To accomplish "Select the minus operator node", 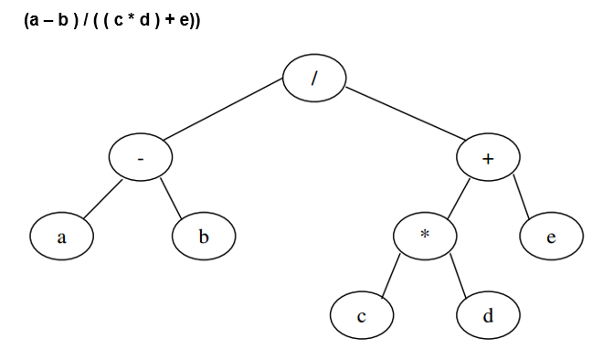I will click(x=140, y=159).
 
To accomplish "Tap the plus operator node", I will click(x=488, y=159).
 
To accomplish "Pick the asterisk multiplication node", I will click(x=424, y=235).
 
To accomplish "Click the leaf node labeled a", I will click(x=61, y=238).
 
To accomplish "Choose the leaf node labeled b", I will click(x=204, y=238).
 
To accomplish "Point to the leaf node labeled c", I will click(x=363, y=315).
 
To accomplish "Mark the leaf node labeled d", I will click(x=488, y=315).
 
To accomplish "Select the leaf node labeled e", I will click(x=552, y=238).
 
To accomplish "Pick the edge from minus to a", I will click(x=100, y=199).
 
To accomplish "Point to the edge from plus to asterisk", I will click(x=458, y=196).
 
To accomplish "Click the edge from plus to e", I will click(x=522, y=197).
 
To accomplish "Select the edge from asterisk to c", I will click(x=393, y=276).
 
